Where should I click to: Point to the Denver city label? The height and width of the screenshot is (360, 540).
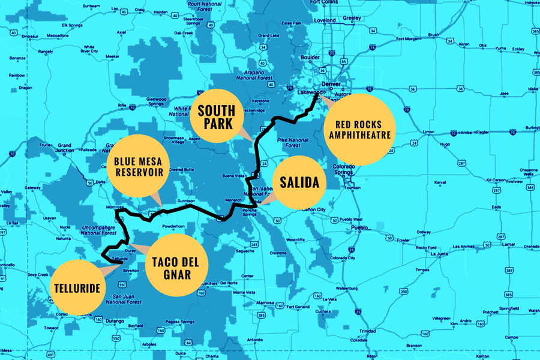[331, 84]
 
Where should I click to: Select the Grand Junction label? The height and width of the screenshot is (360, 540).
[65, 148]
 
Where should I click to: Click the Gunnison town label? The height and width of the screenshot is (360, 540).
[187, 201]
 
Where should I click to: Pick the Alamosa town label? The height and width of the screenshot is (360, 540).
[247, 304]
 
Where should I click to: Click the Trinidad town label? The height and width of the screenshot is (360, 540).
[367, 331]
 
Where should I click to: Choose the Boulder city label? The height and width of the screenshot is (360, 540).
[310, 58]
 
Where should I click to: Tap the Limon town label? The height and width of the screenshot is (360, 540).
[428, 132]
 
